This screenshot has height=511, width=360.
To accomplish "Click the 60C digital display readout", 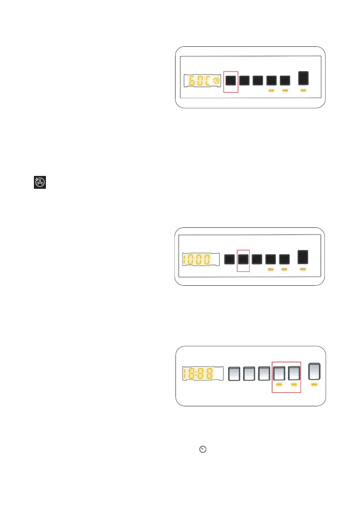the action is [200, 81].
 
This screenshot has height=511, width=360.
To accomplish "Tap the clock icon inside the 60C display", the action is [217, 81].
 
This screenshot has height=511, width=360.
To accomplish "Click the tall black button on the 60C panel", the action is [303, 79].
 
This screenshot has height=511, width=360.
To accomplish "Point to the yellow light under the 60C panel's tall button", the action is [303, 91].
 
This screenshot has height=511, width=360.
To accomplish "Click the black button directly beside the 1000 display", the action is [230, 259].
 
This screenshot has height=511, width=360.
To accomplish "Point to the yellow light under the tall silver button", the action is [314, 385].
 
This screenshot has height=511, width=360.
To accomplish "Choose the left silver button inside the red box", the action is [279, 373].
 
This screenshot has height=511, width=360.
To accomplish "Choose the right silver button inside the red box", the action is [294, 373].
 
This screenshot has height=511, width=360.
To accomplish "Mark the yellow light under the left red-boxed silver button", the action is [279, 385].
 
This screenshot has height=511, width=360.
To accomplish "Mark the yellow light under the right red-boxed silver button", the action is [294, 385].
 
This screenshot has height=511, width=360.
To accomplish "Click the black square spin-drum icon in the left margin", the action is [40, 182].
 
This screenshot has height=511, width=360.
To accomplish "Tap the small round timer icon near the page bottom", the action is [203, 449].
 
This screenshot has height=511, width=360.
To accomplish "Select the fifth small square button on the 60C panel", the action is [285, 80].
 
